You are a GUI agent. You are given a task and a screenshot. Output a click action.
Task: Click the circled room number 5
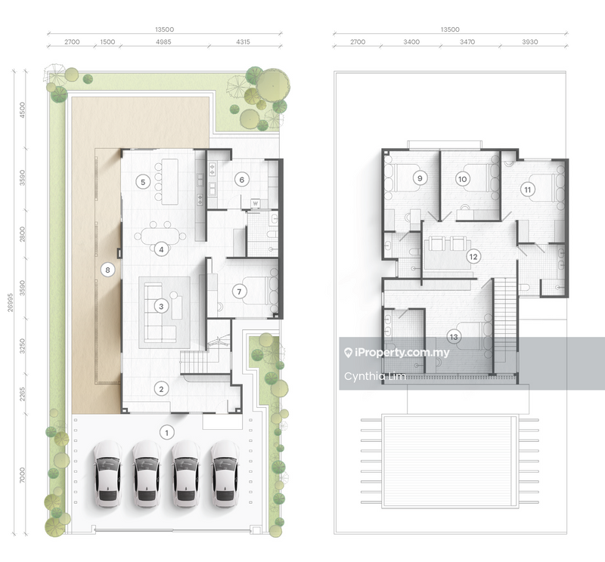(x=143, y=182)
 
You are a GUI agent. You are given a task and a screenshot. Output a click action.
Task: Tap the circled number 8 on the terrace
(x=107, y=270)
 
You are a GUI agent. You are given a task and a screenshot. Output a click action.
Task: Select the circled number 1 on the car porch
(x=166, y=433)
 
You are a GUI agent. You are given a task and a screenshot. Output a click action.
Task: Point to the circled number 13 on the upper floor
(x=454, y=337)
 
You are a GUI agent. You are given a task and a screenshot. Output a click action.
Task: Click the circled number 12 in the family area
(x=473, y=256)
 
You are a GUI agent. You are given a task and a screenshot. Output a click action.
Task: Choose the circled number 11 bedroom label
(x=527, y=190)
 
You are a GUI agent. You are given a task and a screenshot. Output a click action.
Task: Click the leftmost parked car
(x=107, y=474)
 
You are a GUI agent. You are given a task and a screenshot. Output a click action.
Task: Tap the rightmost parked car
(x=225, y=474)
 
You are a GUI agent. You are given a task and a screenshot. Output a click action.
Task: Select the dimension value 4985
(x=163, y=42)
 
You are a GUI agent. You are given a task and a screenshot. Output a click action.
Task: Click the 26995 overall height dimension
(x=10, y=302)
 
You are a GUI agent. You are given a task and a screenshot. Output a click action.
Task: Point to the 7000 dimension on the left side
(x=22, y=475)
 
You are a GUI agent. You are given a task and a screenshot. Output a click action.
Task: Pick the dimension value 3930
(x=530, y=42)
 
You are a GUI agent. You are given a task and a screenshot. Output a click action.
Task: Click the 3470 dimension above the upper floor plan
(x=467, y=42)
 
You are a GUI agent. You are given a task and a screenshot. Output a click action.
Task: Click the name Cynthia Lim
(x=374, y=376)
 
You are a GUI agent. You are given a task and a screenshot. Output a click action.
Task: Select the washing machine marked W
(x=255, y=203)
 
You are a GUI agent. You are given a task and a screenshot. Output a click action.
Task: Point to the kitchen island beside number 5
(x=169, y=181)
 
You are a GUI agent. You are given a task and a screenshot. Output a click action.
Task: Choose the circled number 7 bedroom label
(x=239, y=292)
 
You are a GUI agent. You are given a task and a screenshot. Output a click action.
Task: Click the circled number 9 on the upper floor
(x=420, y=178)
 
